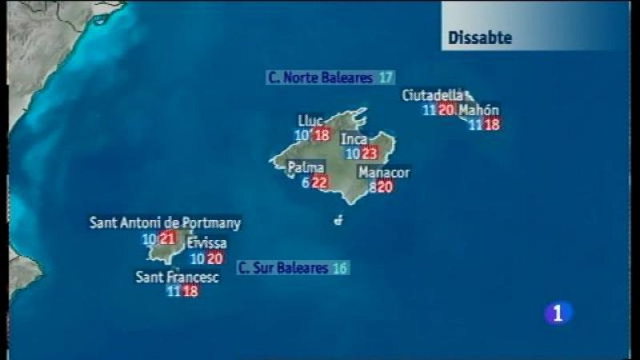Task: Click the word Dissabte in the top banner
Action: click(480, 38)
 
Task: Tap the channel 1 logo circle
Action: click(558, 313)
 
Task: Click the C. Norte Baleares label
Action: click(320, 78)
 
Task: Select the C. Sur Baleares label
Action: click(284, 268)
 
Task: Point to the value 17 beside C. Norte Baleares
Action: click(386, 78)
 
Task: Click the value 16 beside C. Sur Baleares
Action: click(340, 268)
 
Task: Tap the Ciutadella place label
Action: click(432, 95)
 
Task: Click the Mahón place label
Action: click(479, 110)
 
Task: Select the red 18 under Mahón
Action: click(492, 124)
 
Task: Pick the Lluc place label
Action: click(310, 120)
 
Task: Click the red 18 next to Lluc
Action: click(322, 134)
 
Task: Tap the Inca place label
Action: click(354, 139)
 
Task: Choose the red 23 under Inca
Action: click(369, 153)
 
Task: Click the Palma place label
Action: click(306, 168)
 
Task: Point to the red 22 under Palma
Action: click(319, 182)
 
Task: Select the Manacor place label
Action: click(384, 173)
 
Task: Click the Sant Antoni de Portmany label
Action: click(165, 223)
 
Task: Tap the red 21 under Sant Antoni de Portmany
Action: click(167, 238)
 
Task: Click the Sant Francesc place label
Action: click(177, 278)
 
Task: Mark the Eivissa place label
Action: click(206, 242)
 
